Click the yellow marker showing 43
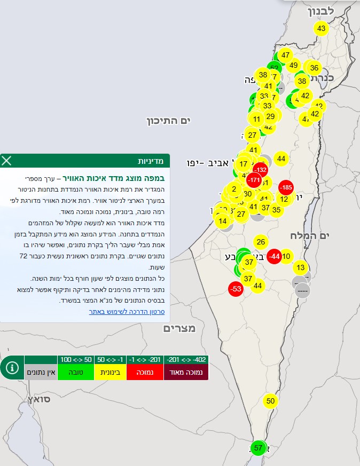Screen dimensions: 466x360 [321, 28]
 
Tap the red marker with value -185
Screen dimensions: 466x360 [286, 187]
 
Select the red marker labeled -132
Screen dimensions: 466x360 [260, 170]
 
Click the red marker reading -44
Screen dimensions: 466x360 [274, 256]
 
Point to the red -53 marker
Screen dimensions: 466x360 [235, 289]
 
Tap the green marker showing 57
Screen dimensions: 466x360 [259, 448]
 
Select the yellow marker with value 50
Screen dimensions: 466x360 [270, 401]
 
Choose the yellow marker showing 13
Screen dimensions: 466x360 [301, 267]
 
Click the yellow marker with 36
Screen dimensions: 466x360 [314, 68]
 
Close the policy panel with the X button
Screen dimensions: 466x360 [7, 160]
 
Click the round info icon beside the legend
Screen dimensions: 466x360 [12, 368]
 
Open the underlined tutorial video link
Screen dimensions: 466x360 [127, 311]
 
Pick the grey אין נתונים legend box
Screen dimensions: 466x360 [41, 372]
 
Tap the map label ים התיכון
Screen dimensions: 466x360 [169, 121]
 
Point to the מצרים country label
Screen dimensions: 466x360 [179, 328]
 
